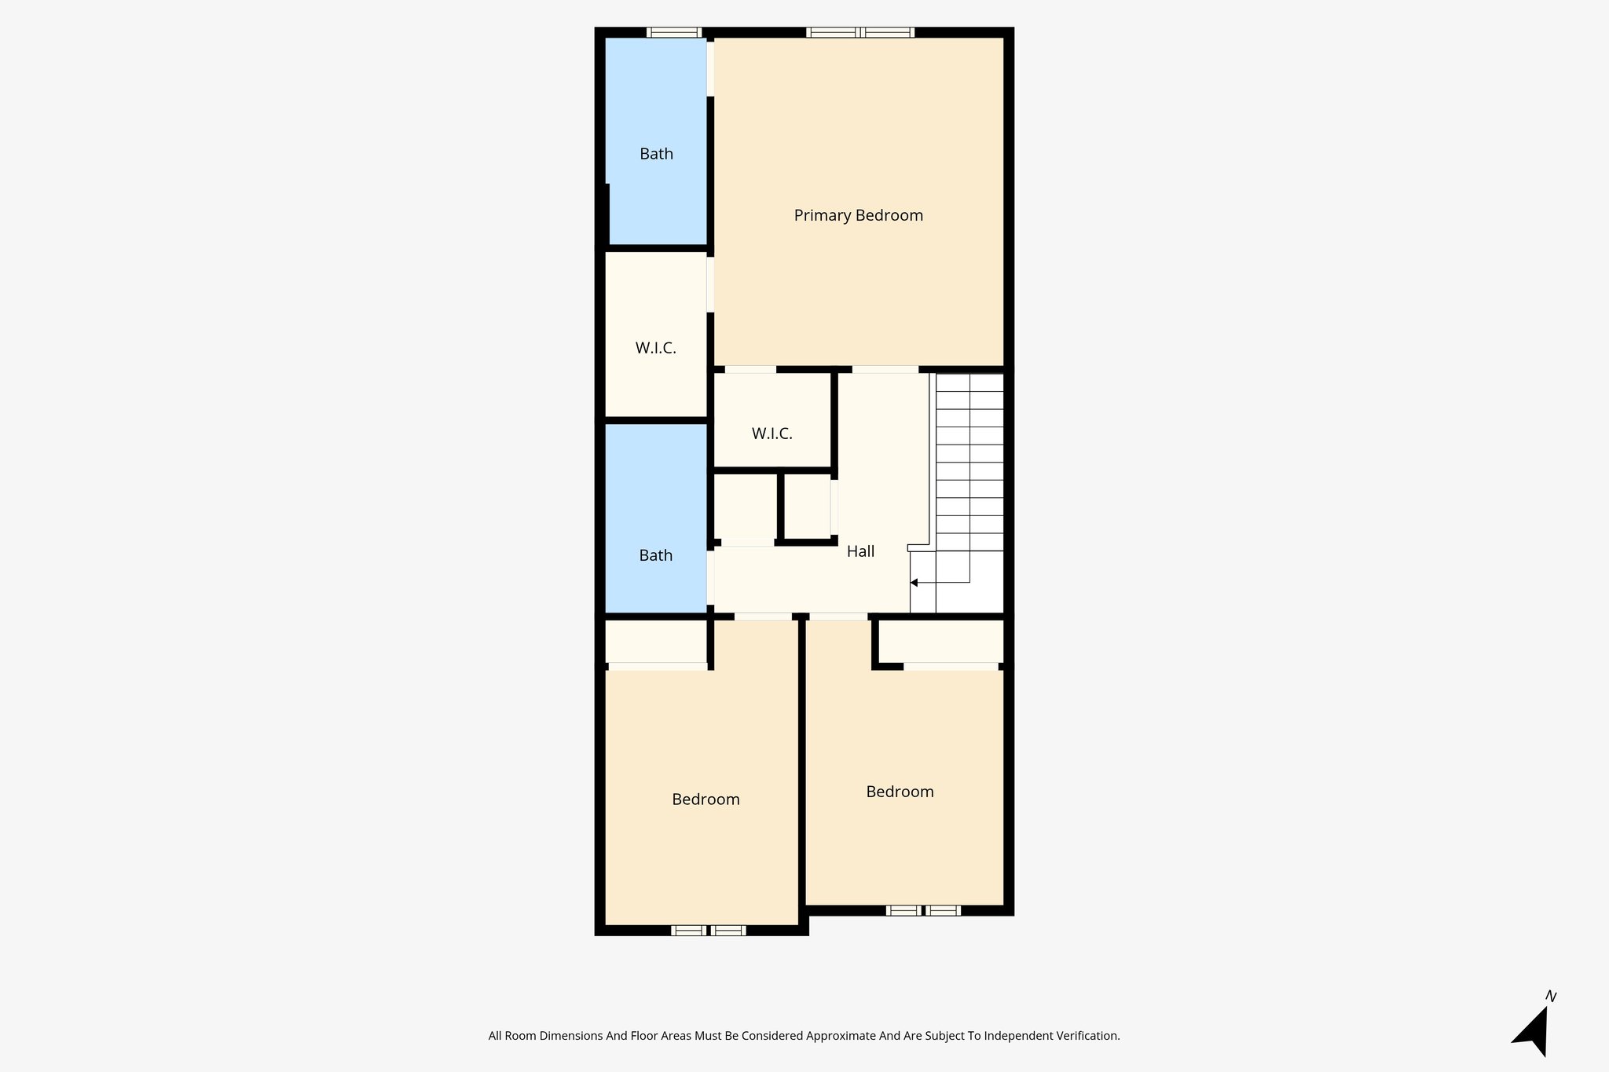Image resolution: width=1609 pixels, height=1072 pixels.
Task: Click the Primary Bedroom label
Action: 858,215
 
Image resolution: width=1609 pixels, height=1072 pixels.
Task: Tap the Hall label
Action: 860,551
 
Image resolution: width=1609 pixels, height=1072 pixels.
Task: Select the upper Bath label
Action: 656,154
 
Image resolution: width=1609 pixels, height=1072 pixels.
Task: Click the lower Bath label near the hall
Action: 655,555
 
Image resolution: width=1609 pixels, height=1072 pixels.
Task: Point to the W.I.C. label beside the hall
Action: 772,434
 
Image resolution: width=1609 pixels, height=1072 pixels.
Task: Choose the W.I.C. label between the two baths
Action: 655,348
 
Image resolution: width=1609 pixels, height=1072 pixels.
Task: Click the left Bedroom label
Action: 706,799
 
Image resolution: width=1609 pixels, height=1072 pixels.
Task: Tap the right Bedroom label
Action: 900,792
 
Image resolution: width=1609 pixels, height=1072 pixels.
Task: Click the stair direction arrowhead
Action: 914,583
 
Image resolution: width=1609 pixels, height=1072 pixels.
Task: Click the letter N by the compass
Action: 1551,997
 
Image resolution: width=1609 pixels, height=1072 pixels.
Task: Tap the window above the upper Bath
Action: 674,33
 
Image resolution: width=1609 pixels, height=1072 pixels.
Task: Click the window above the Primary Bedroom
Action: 860,33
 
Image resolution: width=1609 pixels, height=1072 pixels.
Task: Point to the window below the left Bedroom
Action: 708,931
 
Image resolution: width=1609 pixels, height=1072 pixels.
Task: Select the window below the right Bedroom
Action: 923,911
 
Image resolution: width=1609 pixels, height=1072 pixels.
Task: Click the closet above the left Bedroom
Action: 655,642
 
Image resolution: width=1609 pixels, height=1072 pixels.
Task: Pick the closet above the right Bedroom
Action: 940,642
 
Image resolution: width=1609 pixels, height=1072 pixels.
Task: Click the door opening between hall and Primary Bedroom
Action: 885,369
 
